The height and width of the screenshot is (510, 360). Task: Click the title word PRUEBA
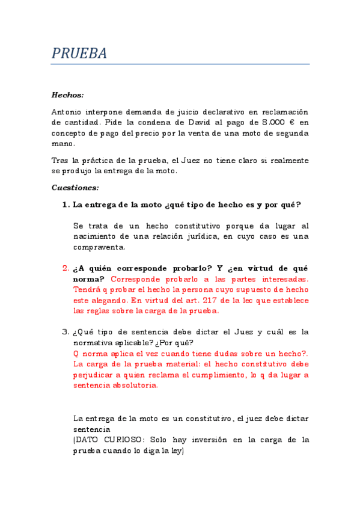coord(79,54)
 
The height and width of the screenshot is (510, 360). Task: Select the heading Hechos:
coord(67,95)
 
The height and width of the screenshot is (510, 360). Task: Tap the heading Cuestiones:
coord(75,188)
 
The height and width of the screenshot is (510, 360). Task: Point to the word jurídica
coord(197,236)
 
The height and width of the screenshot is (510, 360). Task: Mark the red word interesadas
coord(286,280)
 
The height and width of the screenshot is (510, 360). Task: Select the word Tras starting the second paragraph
coord(61,161)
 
